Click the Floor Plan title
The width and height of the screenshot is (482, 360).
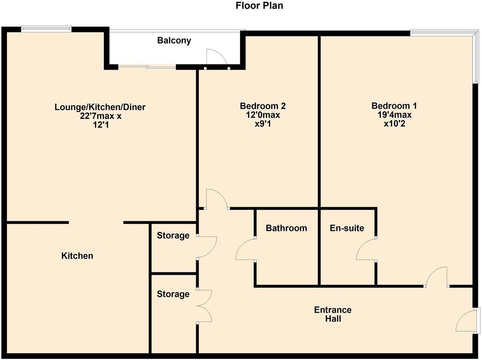click(259, 6)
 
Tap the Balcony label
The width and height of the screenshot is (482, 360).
click(174, 41)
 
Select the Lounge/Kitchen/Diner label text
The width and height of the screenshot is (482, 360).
click(100, 107)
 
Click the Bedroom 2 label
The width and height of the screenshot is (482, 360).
click(263, 106)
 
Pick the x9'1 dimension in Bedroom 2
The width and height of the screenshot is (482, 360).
click(263, 124)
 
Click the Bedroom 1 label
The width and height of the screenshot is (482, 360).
click(394, 106)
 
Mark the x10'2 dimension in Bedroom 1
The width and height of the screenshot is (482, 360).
click(394, 124)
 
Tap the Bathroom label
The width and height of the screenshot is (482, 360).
click(286, 228)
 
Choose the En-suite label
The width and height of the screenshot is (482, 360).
click(347, 228)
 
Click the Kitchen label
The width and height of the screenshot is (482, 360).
click(77, 256)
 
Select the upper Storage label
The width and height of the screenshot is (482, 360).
click(173, 235)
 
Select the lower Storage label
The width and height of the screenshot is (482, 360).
click(173, 294)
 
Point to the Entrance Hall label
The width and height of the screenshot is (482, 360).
click(333, 314)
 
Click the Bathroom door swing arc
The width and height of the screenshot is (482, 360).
click(244, 249)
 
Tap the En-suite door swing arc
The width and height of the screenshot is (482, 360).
click(365, 249)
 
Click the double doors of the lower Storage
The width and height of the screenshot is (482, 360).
click(205, 306)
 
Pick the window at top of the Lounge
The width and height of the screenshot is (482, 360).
click(46, 29)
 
